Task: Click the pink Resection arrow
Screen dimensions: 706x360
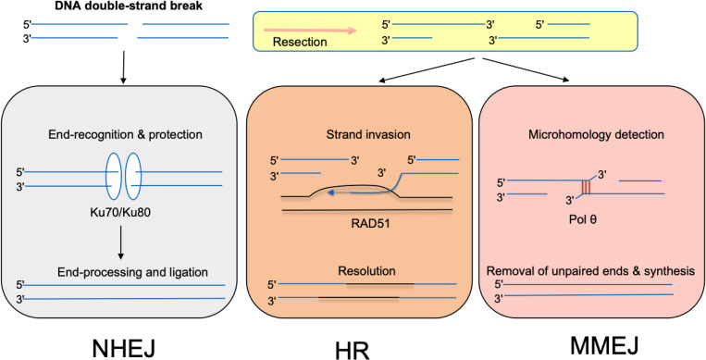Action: pyautogui.click(x=310, y=31)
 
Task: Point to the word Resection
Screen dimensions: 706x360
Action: pyautogui.click(x=300, y=43)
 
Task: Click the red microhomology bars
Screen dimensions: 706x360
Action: pyautogui.click(x=586, y=188)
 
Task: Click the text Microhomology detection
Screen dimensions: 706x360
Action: pyautogui.click(x=588, y=135)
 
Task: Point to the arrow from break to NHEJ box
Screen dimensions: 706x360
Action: pyautogui.click(x=123, y=68)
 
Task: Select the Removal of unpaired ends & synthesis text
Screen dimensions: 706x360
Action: pyautogui.click(x=589, y=271)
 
